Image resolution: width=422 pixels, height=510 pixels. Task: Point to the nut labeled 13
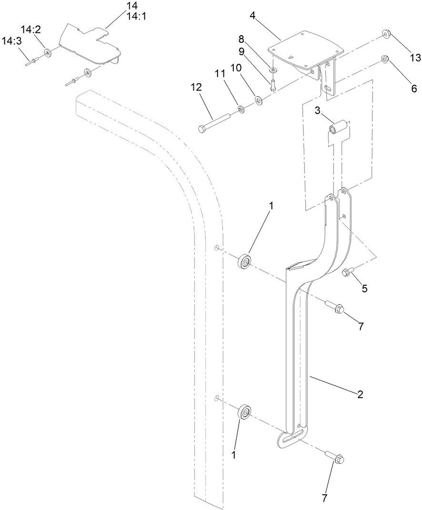(386, 34)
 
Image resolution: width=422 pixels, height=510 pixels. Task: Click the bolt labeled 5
(346, 272)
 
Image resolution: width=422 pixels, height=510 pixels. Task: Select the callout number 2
(360, 394)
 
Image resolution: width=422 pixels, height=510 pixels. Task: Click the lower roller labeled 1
(245, 411)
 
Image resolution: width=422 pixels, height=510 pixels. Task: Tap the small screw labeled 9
(273, 86)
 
